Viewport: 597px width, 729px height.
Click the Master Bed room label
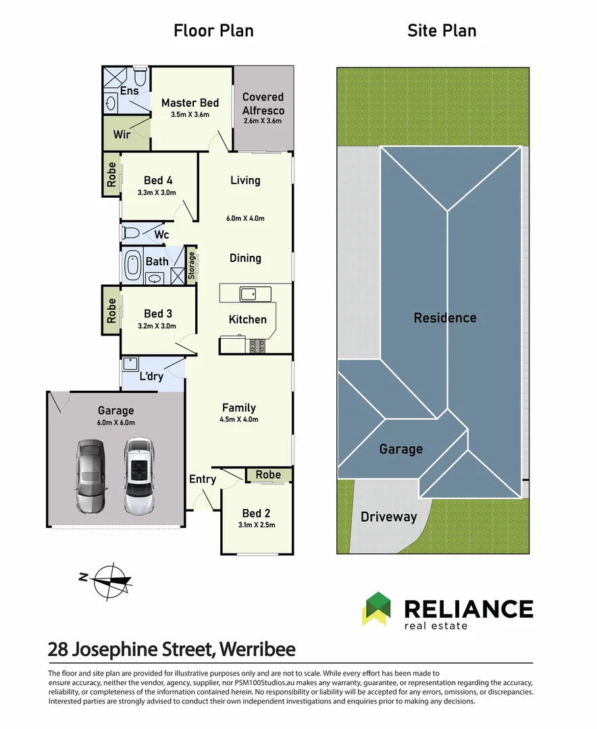[x=190, y=103]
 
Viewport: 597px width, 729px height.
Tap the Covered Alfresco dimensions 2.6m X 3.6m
[x=263, y=121]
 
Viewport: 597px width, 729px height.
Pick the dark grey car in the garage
[x=90, y=477]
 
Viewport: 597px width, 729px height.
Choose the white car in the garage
[x=139, y=476]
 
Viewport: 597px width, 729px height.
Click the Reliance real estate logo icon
[x=377, y=609]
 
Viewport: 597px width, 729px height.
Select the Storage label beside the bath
[x=191, y=265]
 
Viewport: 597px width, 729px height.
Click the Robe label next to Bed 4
[x=111, y=174]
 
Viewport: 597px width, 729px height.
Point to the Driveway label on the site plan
[x=388, y=517]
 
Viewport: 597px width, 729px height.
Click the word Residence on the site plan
[x=445, y=318]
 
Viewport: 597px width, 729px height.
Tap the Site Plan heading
[x=442, y=30]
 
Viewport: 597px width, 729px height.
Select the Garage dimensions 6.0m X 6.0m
[x=116, y=423]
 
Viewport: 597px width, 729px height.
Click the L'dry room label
[x=152, y=376]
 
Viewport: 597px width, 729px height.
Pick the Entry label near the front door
[x=203, y=479]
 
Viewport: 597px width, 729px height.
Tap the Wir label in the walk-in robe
[x=122, y=134]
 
